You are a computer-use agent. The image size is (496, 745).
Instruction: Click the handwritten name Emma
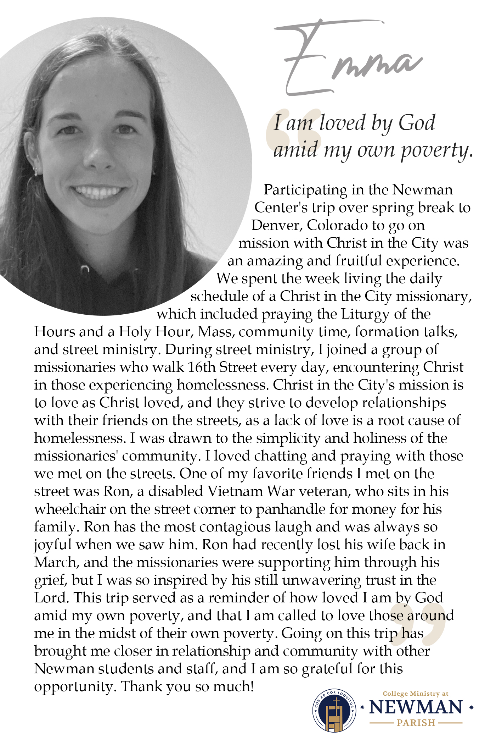[349, 60]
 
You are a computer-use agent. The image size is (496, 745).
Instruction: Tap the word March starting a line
[55, 562]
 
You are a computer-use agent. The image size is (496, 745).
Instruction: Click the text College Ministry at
[416, 694]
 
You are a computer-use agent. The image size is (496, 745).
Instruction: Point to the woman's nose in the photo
[100, 156]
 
